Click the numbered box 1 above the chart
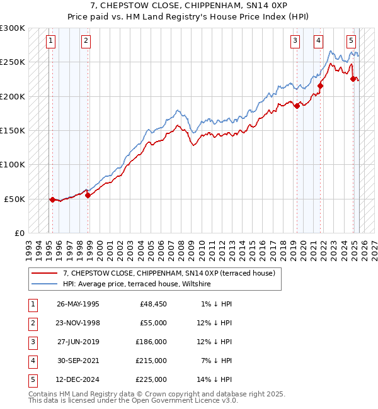tap(50, 42)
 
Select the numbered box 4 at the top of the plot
tap(319, 42)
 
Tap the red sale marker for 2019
tap(297, 106)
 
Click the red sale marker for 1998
tap(88, 195)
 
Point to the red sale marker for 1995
tap(52, 199)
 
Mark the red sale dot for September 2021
tap(320, 86)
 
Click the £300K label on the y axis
tap(12, 28)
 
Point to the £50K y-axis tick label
tap(14, 199)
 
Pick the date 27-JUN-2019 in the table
tap(78, 342)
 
